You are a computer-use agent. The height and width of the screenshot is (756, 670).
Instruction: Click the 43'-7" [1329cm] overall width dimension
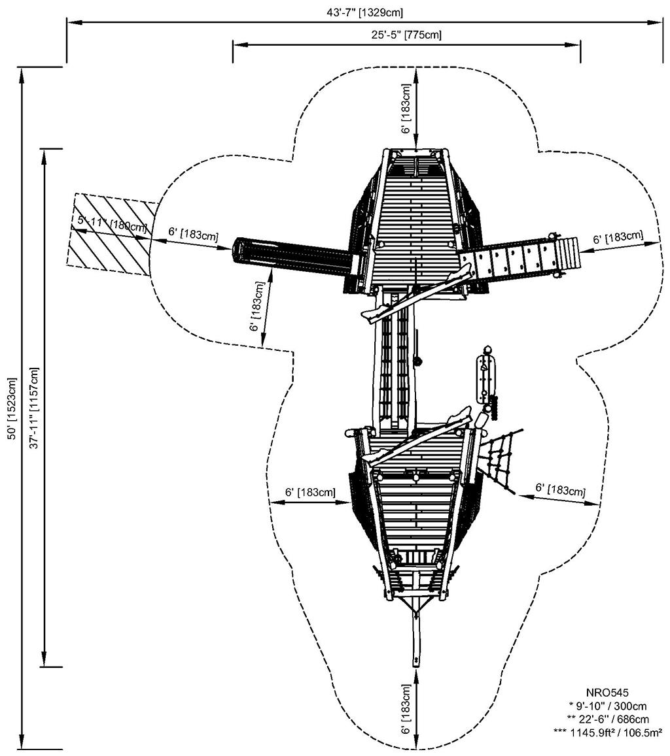(364, 12)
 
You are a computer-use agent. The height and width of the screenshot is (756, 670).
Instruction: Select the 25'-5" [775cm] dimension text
(406, 34)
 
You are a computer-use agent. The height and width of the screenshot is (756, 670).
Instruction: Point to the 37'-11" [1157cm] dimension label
(34, 408)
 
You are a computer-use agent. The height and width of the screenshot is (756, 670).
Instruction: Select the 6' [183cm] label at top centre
(406, 108)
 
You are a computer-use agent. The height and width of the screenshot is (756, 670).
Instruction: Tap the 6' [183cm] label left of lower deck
(310, 492)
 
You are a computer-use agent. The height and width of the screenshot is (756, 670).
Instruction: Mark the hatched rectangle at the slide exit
(112, 235)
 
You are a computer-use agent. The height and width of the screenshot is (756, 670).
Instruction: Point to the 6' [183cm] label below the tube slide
(256, 306)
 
